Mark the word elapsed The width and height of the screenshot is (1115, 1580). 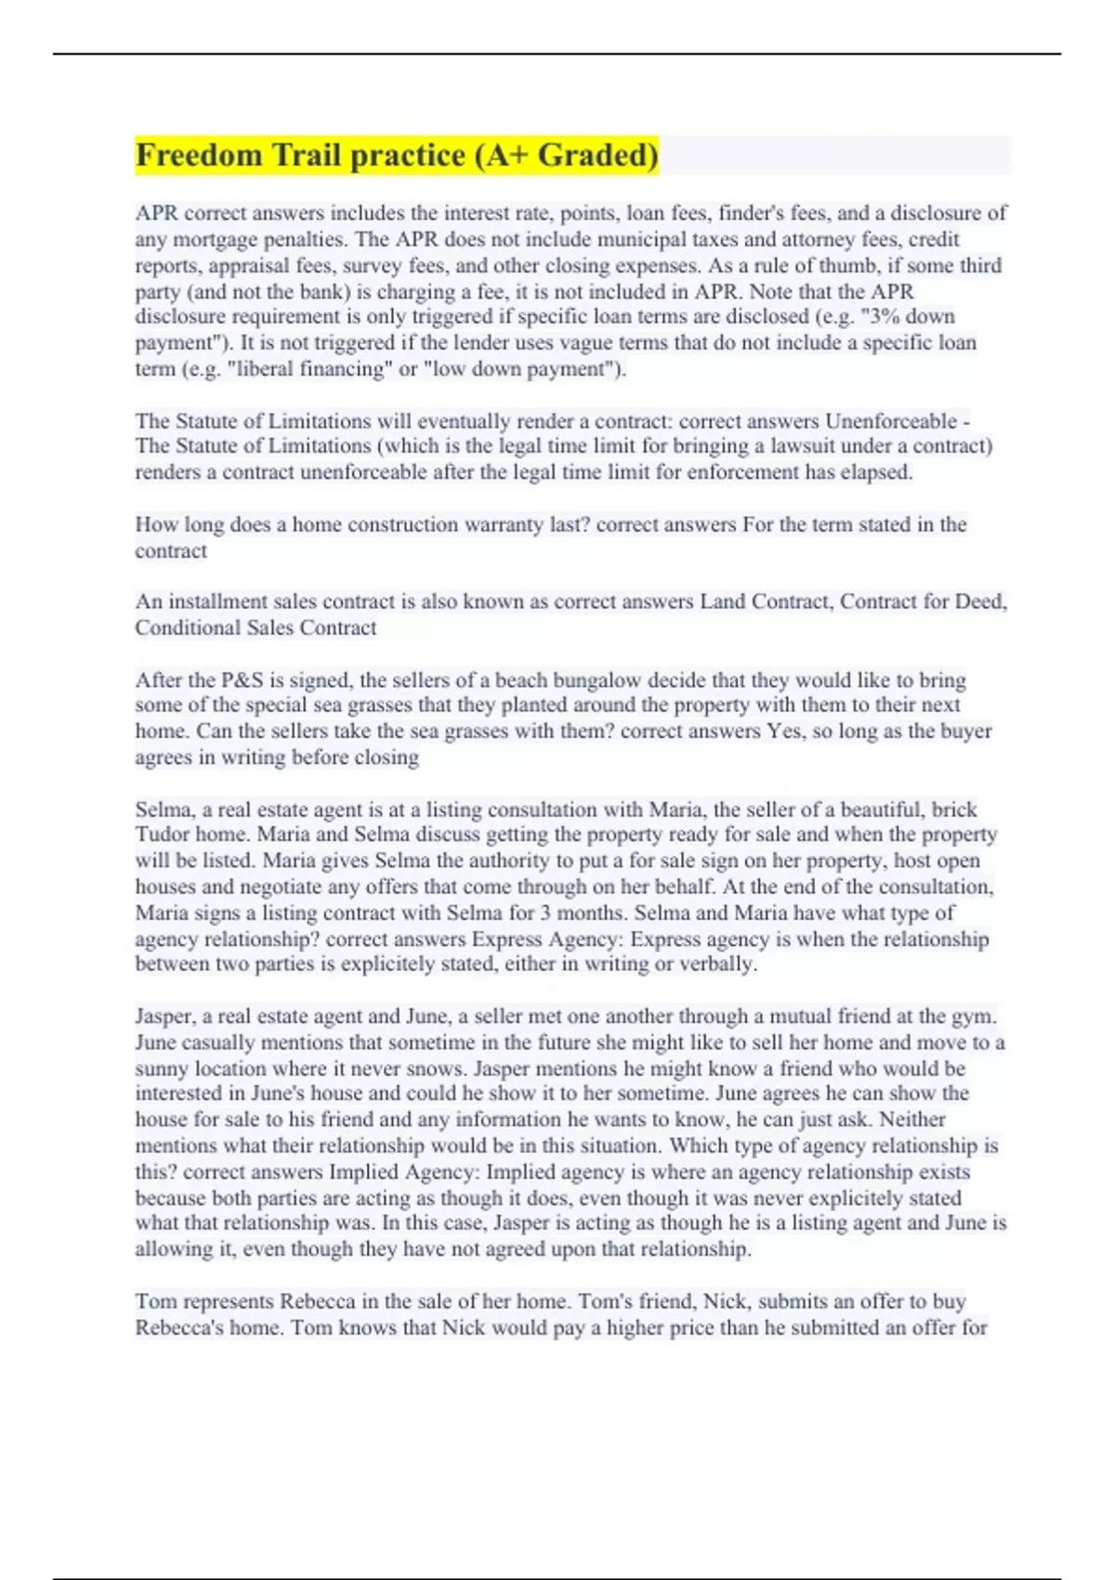(876, 472)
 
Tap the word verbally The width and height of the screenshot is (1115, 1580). (718, 964)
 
